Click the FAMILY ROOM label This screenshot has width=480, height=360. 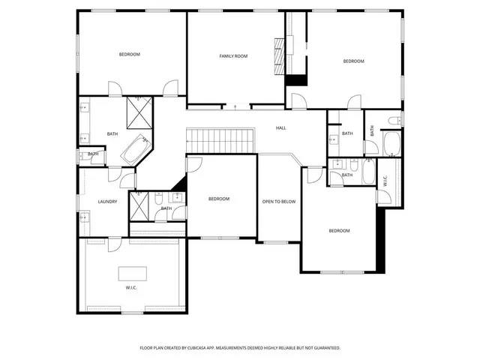tap(233, 56)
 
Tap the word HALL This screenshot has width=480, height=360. tap(280, 128)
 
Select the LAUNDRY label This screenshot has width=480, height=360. tap(107, 202)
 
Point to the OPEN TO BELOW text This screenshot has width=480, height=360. tap(278, 202)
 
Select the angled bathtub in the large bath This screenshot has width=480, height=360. tap(136, 151)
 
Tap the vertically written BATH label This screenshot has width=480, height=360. tap(372, 129)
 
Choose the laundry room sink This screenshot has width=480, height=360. tap(85, 217)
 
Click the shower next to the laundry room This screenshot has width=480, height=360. tap(139, 207)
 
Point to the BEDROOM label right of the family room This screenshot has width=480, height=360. tap(353, 61)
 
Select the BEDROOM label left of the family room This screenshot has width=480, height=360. tap(130, 54)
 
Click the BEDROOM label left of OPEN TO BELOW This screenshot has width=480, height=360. tap(218, 199)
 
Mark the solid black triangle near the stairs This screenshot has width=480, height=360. tap(178, 184)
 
